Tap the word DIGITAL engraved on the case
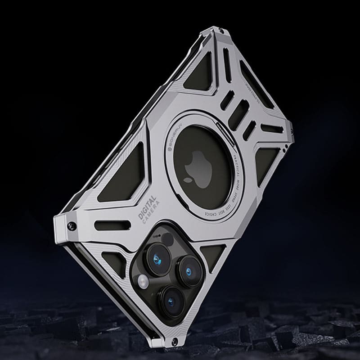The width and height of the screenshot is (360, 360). click(147, 207)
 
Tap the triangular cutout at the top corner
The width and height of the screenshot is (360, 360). click(191, 74)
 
